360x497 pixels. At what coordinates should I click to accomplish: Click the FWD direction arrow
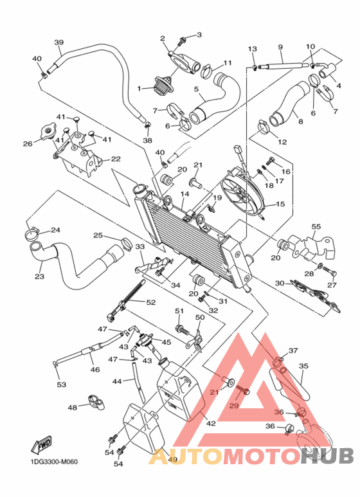point(40,445)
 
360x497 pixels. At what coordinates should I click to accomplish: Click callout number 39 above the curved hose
point(59,42)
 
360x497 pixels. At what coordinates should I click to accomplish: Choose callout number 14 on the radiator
point(184,194)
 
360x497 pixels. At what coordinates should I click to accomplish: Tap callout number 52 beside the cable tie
point(151,302)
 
